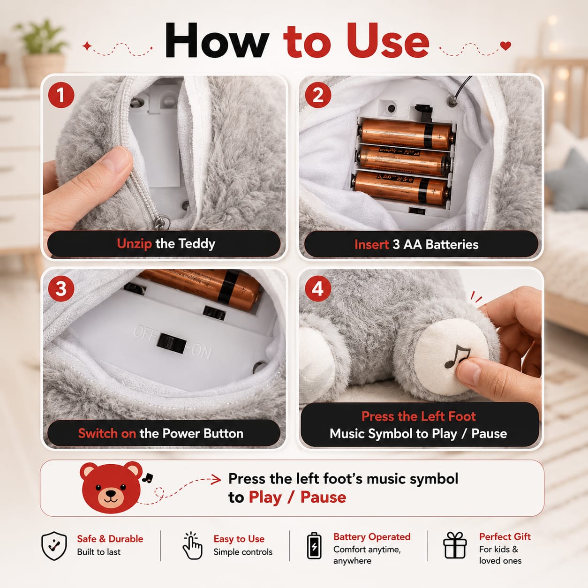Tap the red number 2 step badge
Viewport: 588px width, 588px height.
pos(318,95)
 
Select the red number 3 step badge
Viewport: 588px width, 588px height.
pos(61,288)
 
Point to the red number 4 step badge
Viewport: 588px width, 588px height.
pos(318,288)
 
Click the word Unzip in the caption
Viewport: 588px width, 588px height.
pos(134,244)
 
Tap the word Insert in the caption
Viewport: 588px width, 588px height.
pos(372,244)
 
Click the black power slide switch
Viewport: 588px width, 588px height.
pos(172,344)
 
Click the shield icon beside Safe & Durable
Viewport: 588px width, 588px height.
pos(54,546)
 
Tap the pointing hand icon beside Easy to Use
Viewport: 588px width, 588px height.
pos(192,546)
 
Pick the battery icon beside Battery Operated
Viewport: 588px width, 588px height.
pos(314,546)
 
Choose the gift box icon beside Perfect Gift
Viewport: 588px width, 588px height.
pos(455,545)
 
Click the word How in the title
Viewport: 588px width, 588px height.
pos(217,41)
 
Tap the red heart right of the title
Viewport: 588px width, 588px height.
pos(505,45)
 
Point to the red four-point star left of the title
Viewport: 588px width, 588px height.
pos(87,46)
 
